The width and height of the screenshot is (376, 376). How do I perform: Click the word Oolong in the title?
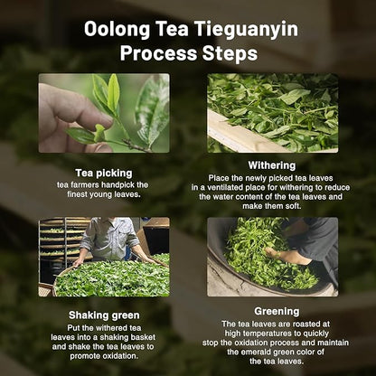[x=116, y=28]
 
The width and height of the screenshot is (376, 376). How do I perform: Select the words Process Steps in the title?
[x=189, y=53]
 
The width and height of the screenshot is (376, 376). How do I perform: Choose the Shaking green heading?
[x=104, y=315]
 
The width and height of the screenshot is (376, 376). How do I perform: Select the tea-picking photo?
[x=104, y=113]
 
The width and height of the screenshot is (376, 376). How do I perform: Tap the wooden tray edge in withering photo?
[x=237, y=139]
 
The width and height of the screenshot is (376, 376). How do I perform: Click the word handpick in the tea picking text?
[x=127, y=183]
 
